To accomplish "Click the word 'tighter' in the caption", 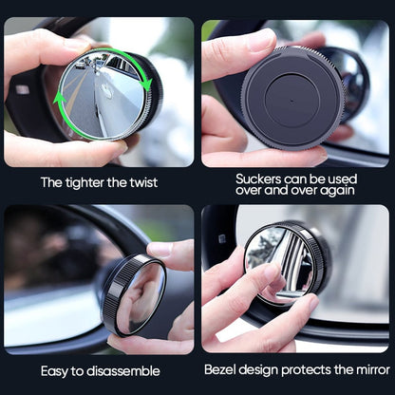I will pyautogui.click(x=91, y=181).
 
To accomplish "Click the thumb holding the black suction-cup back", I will pyautogui.click(x=226, y=55).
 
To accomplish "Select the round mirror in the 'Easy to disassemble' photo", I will pyautogui.click(x=136, y=296).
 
